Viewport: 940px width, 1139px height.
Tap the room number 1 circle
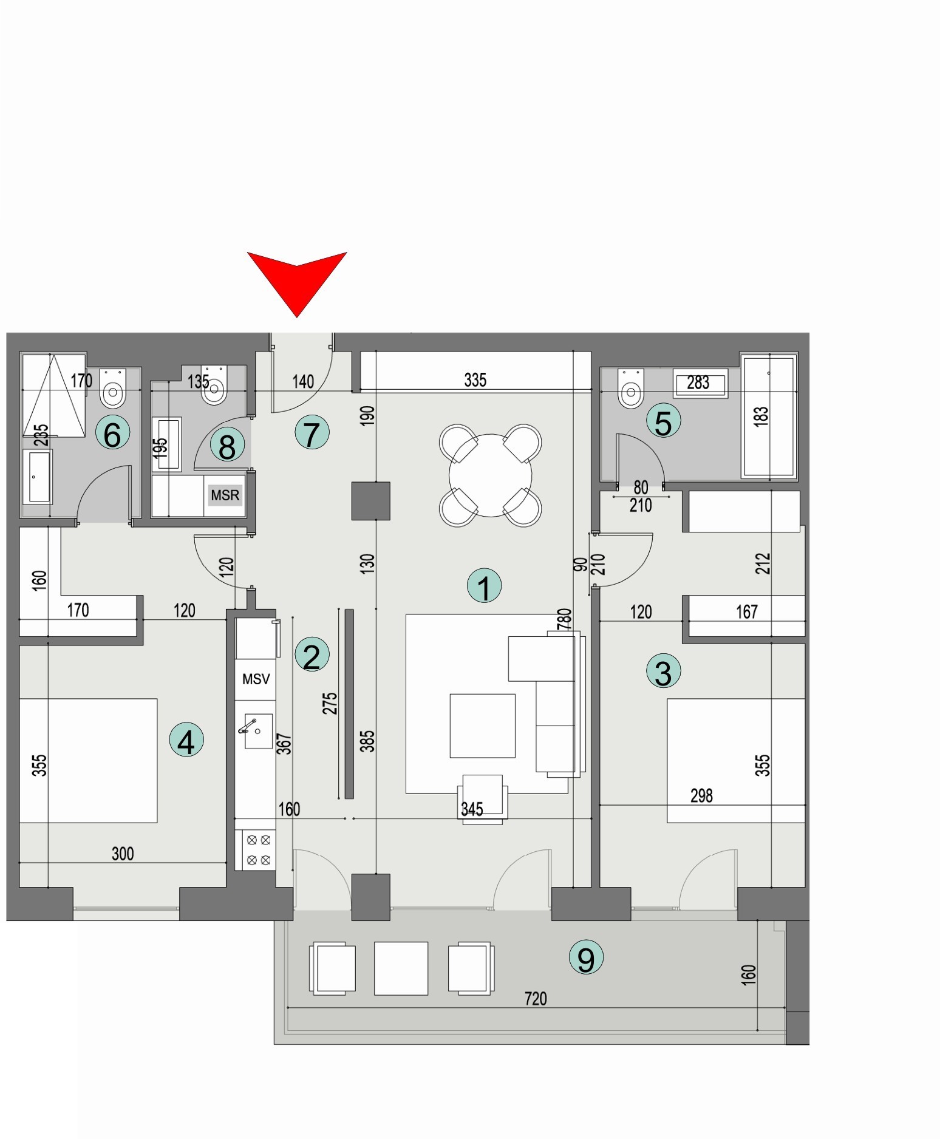coord(484,586)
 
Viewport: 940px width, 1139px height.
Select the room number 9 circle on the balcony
coord(586,957)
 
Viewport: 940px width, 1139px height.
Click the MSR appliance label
coord(225,495)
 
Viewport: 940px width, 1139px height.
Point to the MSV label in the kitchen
coord(256,679)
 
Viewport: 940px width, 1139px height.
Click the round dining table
coord(490,475)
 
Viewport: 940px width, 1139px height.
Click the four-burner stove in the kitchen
coord(259,850)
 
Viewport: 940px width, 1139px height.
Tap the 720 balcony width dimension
coord(536,999)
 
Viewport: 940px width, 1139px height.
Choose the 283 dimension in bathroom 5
coord(698,382)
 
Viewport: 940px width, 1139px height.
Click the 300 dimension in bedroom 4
coord(123,854)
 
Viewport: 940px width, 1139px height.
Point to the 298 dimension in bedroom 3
coord(701,795)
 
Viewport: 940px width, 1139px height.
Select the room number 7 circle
coord(312,433)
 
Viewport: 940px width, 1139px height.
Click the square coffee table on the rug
coord(482,726)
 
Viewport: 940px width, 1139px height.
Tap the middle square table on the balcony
coord(401,968)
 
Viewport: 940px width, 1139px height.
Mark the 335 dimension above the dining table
coord(475,380)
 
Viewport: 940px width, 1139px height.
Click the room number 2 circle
coord(312,656)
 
